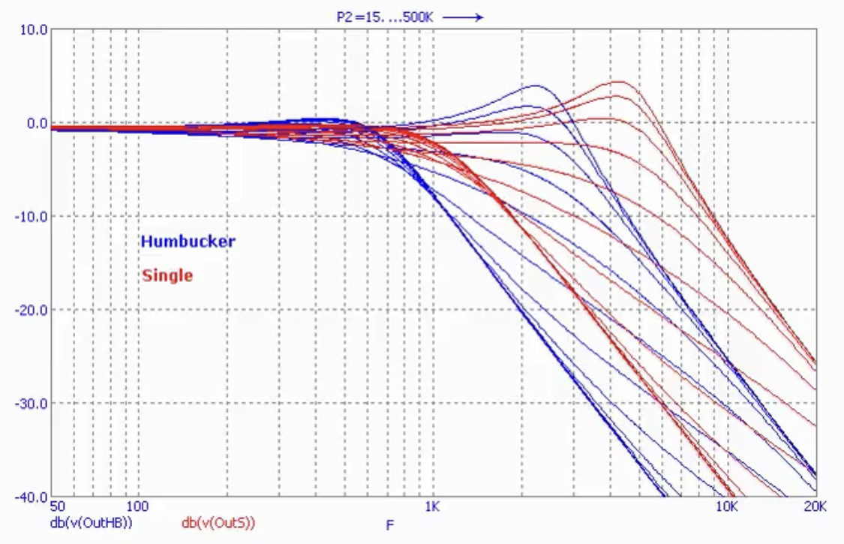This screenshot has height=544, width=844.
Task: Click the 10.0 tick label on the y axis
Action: pos(33,29)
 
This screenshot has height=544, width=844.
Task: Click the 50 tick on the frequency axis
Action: pos(58,507)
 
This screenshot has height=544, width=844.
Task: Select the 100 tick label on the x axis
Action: pos(136,507)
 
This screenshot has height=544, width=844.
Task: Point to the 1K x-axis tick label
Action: pos(431,507)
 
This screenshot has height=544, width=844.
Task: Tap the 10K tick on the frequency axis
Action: pos(726,507)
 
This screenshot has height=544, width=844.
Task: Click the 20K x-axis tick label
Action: pos(815,507)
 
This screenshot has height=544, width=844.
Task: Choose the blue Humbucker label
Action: pos(188,242)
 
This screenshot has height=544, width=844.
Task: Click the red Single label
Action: pos(167,275)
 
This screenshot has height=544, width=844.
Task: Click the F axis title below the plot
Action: pos(389,525)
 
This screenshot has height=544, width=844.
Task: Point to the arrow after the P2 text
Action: pos(463,17)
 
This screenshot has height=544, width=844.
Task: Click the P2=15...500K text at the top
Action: pos(385,17)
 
